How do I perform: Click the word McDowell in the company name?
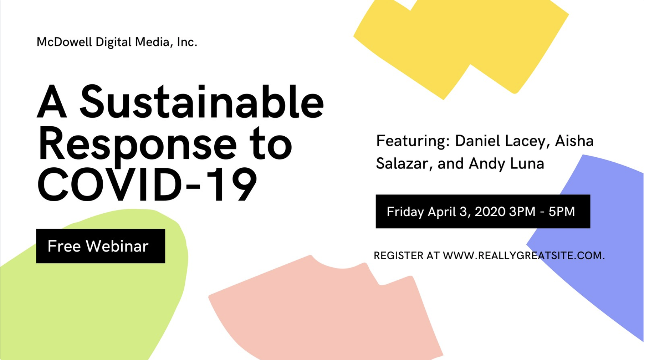click(x=64, y=42)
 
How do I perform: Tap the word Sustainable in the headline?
click(x=202, y=102)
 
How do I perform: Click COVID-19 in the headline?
click(x=147, y=184)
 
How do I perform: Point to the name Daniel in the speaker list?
click(x=477, y=141)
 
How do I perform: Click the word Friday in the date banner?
click(x=405, y=212)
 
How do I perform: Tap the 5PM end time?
click(x=562, y=212)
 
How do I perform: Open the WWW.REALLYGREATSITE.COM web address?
click(x=524, y=255)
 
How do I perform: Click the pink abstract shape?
click(x=325, y=310)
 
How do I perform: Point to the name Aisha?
click(x=574, y=141)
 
